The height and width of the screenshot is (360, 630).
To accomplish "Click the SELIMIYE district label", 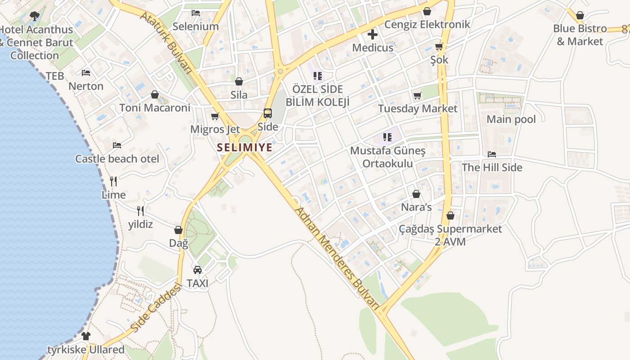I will [245, 147].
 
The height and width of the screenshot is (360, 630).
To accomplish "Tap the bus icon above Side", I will [268, 113].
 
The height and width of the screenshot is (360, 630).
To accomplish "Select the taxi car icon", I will [197, 270].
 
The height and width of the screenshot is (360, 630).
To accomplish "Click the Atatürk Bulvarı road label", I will [166, 41].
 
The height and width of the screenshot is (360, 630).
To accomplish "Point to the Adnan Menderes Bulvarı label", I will [337, 259].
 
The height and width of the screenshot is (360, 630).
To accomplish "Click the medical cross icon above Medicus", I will [373, 34].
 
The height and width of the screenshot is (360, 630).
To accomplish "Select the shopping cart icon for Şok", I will [439, 46].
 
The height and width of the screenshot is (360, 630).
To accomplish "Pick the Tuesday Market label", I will [418, 108].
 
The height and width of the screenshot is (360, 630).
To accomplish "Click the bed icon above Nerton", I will [86, 73].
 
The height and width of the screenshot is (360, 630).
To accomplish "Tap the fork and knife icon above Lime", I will [113, 181].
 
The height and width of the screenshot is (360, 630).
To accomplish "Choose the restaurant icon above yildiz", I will [140, 211].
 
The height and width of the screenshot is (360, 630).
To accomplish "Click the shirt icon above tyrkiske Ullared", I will [86, 336].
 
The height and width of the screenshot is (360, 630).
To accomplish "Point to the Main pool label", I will [511, 119].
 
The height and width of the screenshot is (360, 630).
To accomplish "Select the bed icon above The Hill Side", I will [492, 154].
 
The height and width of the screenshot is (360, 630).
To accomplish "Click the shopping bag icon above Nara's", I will [416, 194].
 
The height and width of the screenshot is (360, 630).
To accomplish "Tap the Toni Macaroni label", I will [155, 108].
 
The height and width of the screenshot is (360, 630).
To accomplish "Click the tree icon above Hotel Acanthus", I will [34, 17].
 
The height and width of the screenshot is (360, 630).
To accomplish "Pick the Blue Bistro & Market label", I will [580, 35].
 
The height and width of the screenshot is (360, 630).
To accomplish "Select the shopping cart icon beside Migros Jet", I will [215, 117].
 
